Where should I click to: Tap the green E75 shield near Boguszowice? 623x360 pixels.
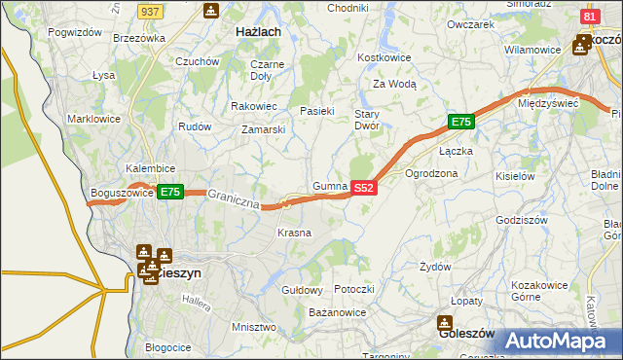coord(170,192)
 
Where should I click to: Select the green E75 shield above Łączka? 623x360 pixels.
coord(461,122)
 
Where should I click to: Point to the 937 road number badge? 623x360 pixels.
coord(149,11)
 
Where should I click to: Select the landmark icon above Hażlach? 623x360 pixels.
coord(211,11)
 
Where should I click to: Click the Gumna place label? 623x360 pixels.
coord(331,185)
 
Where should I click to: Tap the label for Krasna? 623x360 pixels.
coord(294,233)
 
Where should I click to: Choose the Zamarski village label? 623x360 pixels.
coord(264,128)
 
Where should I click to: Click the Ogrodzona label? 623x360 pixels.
coord(431,173)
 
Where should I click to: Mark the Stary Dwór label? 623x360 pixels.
coord(366,120)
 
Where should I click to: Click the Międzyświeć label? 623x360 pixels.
coord(549,102)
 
